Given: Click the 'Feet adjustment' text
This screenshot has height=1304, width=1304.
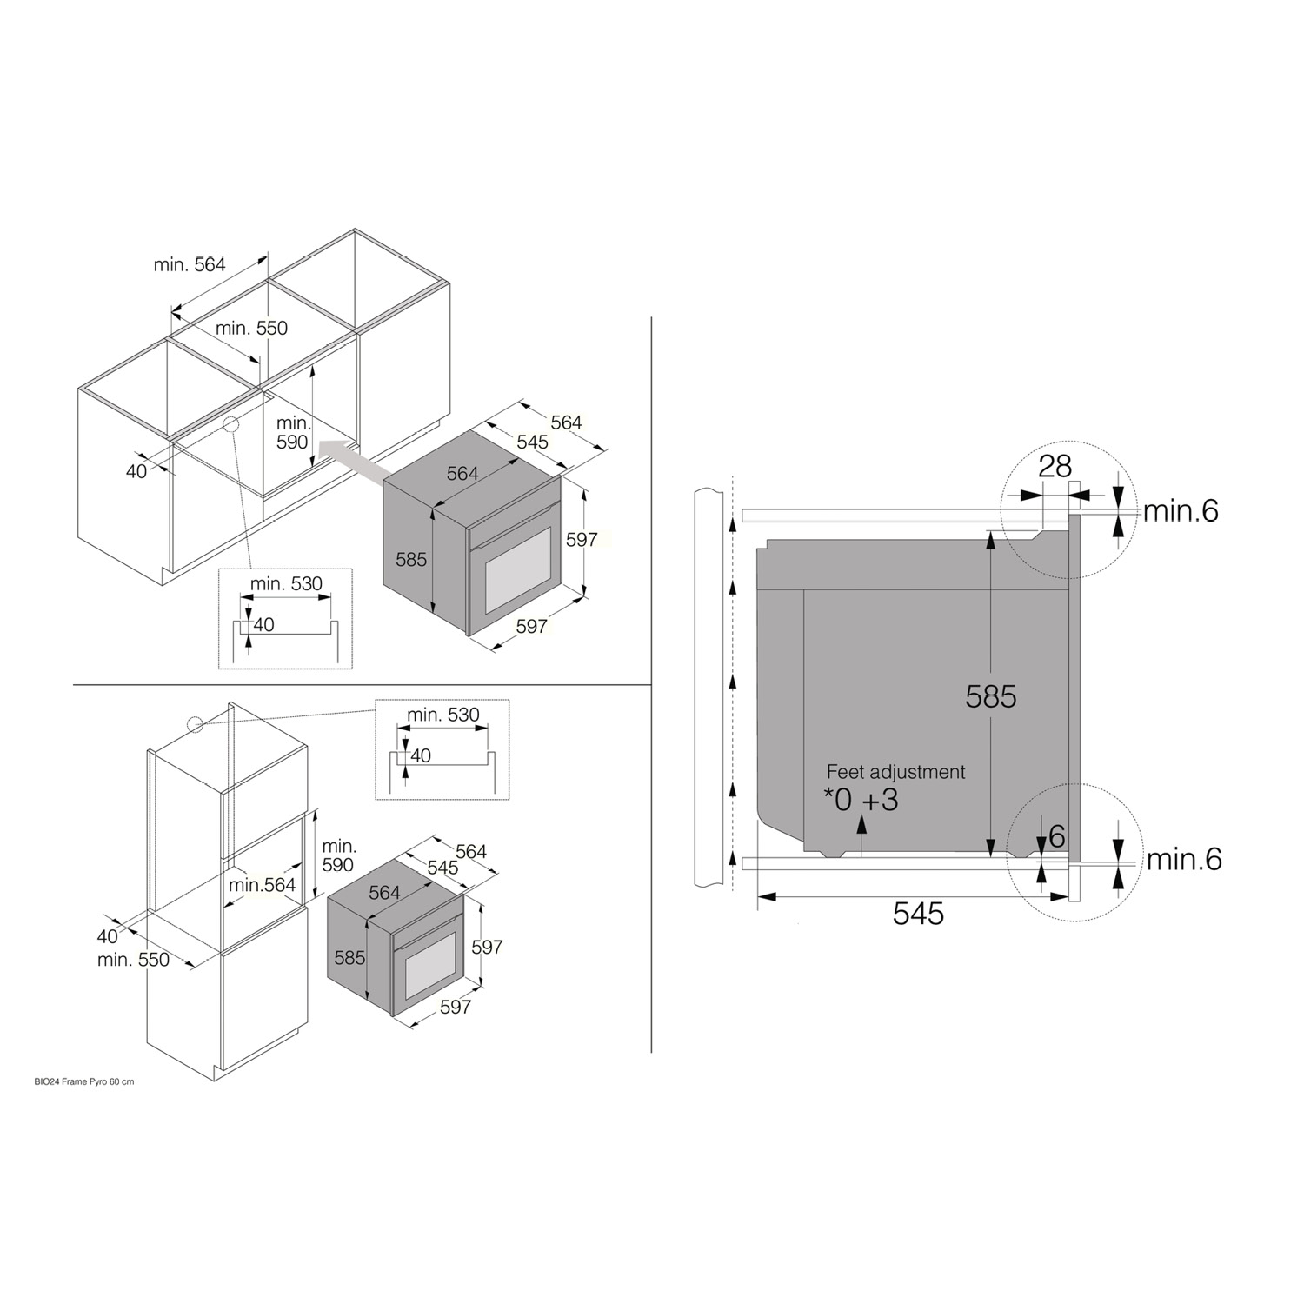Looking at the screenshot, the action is coord(895,772).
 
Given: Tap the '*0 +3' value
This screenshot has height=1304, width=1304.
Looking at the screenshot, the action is coord(861,800).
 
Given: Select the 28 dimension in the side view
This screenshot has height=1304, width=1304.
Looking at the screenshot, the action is coord(1055,467).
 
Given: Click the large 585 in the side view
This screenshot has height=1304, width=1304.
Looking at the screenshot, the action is coord(991,696).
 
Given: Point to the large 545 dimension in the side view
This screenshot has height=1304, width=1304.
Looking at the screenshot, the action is coord(918,914).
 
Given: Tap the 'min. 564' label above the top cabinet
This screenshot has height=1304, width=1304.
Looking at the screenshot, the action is coord(190,264).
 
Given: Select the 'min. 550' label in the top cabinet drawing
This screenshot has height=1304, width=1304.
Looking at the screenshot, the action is coord(251,328).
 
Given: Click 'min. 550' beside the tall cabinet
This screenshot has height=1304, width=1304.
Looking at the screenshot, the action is coord(133,960).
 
